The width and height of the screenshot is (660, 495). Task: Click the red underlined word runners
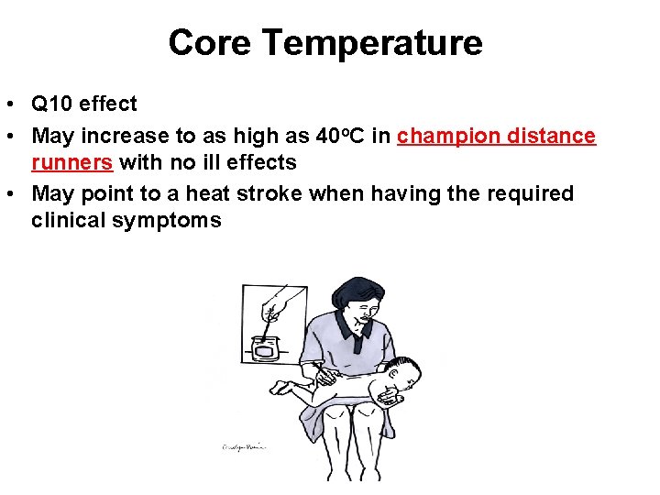(x=71, y=162)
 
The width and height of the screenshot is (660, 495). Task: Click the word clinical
(x=70, y=220)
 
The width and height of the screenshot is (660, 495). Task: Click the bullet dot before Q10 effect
(x=16, y=104)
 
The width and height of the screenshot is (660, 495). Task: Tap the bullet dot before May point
(x=16, y=194)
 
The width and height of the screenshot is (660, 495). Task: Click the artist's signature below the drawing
(x=242, y=447)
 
